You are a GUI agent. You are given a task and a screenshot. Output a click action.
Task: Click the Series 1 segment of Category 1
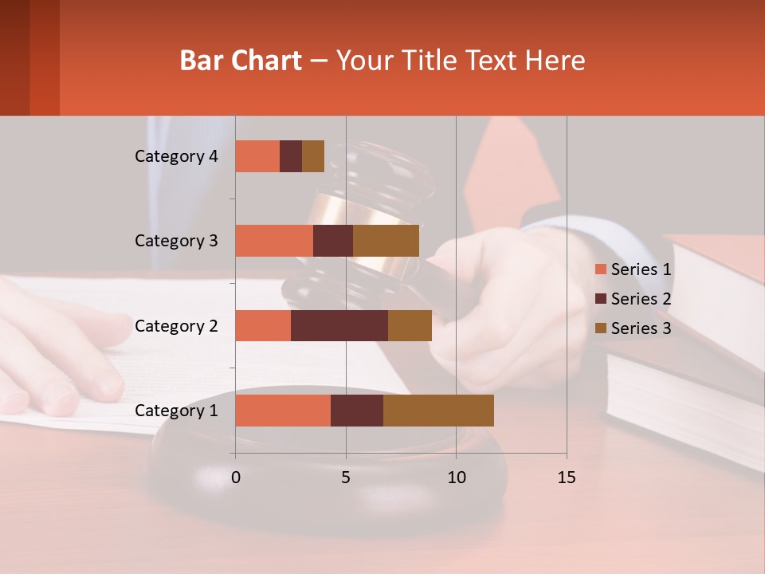283,411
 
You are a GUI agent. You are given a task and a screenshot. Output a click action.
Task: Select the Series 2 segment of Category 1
357,411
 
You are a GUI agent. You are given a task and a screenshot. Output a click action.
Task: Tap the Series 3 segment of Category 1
438,411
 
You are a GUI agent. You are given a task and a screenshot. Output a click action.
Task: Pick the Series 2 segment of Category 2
339,325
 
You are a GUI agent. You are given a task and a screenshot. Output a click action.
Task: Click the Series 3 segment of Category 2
410,325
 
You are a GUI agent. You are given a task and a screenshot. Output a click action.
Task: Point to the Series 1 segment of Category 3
274,241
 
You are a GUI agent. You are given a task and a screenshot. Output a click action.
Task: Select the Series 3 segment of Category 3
386,241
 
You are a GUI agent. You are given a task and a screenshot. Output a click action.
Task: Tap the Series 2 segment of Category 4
291,156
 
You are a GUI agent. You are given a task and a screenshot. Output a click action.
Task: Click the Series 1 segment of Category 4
257,156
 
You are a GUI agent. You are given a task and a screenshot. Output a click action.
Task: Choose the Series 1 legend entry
640,269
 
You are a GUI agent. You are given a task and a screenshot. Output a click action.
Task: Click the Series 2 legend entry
640,299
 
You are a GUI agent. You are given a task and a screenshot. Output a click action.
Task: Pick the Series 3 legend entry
640,328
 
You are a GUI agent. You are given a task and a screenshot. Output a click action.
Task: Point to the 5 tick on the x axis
346,478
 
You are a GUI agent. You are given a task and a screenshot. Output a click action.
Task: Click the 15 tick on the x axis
567,478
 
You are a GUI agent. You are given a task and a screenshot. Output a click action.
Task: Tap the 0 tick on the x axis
236,478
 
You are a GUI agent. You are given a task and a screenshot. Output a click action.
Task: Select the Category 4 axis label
176,156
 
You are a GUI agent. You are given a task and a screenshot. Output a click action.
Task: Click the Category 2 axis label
176,325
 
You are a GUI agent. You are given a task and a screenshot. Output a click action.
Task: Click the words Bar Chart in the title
241,61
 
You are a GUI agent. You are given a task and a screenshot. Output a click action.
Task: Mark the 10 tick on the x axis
456,478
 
